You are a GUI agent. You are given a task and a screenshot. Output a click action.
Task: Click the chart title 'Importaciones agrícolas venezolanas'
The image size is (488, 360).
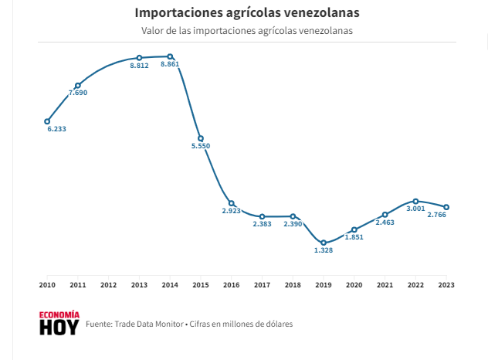pos(246,13)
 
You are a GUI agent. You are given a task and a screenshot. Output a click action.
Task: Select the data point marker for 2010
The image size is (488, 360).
pos(47,121)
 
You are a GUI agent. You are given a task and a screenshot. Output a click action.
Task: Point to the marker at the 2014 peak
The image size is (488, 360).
pos(170,56)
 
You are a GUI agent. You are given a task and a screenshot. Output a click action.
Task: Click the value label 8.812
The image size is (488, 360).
pos(139,66)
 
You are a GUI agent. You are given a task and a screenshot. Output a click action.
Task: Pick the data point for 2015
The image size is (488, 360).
pos(201,138)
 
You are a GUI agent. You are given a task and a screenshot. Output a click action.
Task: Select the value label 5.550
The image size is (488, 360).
pos(201,146)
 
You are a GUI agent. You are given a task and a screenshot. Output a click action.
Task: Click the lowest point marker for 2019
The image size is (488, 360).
pos(324,243)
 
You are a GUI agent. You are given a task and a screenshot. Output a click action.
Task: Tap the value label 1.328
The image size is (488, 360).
pos(324,251)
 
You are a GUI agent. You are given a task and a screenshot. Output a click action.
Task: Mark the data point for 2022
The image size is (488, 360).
pos(415,201)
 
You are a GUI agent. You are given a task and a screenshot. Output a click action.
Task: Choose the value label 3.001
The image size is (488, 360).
pos(415,209)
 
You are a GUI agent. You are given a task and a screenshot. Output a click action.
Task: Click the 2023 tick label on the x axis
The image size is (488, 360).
pos(446,285)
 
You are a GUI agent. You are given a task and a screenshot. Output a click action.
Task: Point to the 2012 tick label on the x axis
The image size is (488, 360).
pos(108,285)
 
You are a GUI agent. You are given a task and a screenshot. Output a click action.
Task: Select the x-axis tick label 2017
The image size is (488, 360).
pos(262,285)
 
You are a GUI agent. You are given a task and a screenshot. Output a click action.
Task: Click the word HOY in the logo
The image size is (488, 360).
pos(59,328)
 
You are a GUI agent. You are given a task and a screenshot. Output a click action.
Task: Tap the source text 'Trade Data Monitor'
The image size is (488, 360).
pos(148,324)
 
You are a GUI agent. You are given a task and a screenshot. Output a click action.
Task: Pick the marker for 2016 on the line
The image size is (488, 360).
pos(231,203)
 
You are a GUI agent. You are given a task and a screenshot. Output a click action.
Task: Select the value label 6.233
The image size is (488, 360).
pos(56,129)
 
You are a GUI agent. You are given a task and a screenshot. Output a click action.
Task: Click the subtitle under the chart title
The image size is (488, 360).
pos(246,31)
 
